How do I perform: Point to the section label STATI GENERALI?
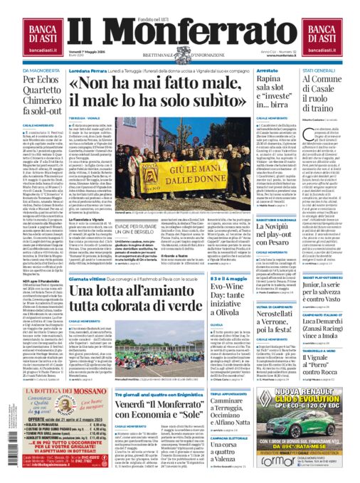click(x=317, y=71)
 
